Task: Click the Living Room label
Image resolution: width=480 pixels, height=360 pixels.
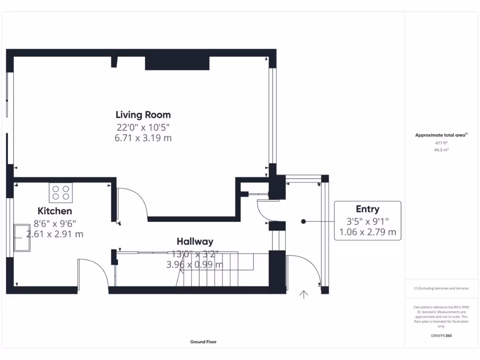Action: [143, 115]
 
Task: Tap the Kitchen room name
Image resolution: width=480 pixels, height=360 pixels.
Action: [55, 211]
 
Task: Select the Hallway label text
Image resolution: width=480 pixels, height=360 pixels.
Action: [195, 241]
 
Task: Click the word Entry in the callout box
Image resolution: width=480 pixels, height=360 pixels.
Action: [367, 209]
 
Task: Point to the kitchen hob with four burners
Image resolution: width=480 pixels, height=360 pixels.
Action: [61, 193]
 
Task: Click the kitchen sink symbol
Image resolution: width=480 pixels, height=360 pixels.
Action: [22, 238]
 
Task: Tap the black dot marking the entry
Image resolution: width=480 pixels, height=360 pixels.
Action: [303, 221]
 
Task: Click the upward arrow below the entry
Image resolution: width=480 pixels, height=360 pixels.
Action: [304, 294]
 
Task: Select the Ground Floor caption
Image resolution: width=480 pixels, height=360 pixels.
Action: [203, 342]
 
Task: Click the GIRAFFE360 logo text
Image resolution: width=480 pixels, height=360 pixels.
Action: [441, 336]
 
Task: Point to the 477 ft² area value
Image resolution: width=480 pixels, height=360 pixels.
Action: [441, 143]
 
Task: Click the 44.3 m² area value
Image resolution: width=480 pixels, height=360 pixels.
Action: [441, 150]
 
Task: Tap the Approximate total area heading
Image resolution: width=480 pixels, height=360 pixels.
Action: [440, 135]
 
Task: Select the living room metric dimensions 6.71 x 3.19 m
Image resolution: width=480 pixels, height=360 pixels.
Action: [143, 138]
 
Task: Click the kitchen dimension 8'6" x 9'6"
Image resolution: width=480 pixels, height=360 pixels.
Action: [55, 224]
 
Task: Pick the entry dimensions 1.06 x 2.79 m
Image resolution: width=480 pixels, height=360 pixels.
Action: [367, 232]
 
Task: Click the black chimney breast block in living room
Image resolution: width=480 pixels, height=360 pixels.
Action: [177, 63]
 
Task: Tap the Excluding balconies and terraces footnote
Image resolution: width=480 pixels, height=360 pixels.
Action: [441, 288]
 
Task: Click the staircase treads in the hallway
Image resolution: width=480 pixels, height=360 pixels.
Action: [211, 270]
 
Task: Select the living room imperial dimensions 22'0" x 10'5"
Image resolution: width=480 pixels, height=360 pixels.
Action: [143, 127]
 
